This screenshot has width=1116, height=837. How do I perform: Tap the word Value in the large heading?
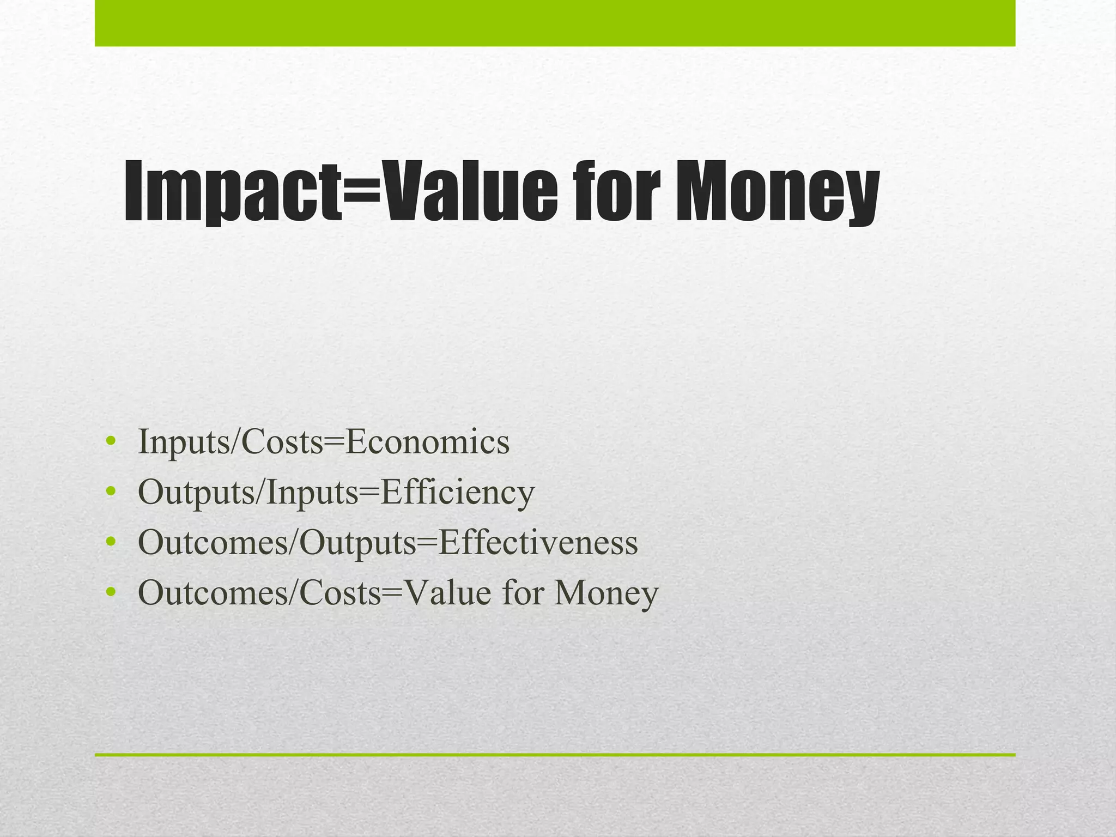tap(469, 190)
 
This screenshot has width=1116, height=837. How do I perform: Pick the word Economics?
tap(428, 442)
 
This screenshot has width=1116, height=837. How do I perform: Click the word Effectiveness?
tap(538, 543)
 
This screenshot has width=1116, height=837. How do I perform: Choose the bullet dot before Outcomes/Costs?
tap(111, 592)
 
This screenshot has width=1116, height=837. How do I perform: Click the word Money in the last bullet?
tap(606, 593)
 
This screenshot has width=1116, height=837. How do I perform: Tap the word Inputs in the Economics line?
tap(184, 442)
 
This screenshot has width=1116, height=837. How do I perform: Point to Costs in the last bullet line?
tap(340, 593)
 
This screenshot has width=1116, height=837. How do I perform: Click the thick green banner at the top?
tap(555, 23)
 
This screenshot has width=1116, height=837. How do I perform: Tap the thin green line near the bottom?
tap(555, 755)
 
